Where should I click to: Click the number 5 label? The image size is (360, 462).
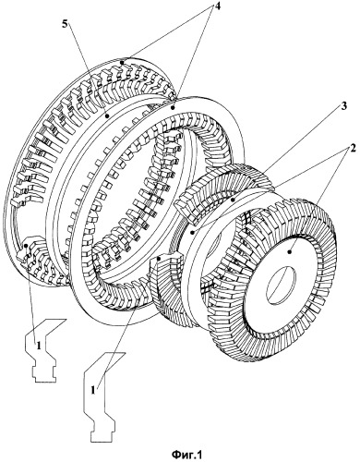64,25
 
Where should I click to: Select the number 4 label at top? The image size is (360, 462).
217,6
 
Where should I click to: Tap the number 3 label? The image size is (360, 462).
344,106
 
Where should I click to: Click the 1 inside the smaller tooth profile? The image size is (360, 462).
39,346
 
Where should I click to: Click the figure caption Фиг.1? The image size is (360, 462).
186,454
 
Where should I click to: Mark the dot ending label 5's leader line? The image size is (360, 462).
107,116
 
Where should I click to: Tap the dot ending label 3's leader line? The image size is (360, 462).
234,200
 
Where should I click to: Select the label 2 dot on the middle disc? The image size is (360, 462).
193,232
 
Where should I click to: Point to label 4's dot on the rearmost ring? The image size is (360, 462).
122,63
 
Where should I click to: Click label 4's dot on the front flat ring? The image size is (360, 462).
173,108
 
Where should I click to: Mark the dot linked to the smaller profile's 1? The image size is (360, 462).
27,246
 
